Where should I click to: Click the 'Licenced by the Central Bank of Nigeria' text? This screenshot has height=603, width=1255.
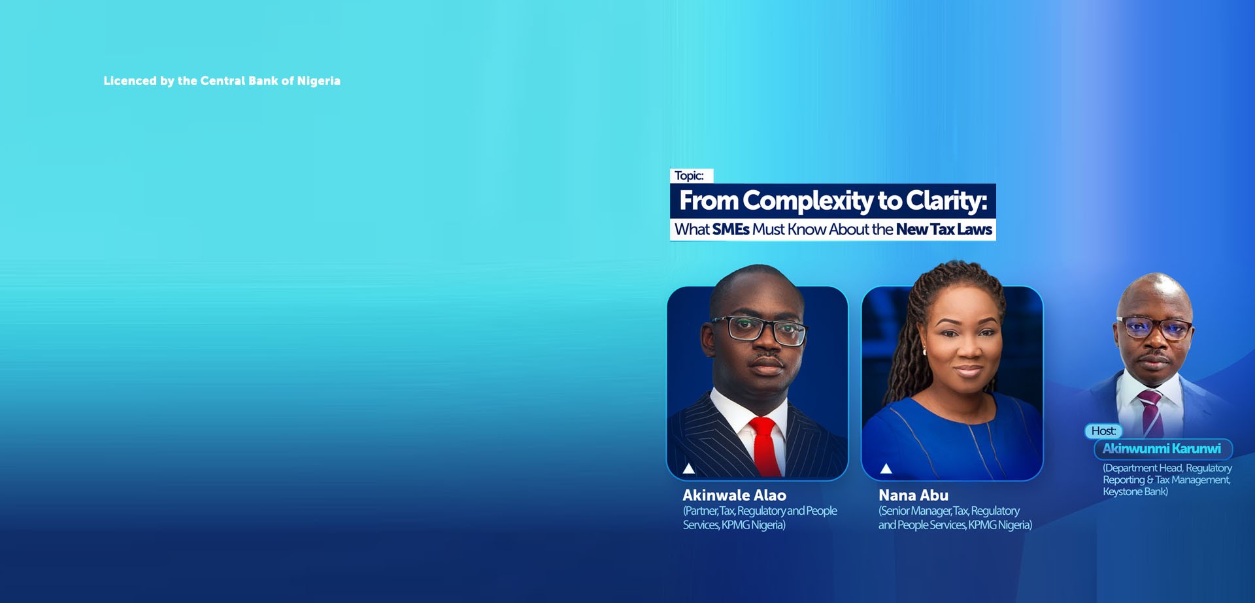(222, 81)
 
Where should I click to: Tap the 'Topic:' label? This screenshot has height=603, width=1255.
(690, 176)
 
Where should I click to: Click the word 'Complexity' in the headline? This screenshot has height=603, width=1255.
(808, 201)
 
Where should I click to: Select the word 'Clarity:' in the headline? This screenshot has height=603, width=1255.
(946, 201)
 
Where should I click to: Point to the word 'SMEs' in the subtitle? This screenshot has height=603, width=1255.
(731, 229)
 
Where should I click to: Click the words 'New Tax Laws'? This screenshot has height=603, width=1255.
(944, 229)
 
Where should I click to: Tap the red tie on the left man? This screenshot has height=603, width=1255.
(766, 447)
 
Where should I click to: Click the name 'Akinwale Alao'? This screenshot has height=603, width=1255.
(735, 495)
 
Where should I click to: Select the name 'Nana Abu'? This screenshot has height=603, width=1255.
(913, 495)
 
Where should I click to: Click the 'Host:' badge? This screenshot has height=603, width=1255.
(1104, 431)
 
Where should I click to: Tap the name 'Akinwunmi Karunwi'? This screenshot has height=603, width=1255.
(1162, 449)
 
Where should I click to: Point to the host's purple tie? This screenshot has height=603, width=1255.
(1151, 414)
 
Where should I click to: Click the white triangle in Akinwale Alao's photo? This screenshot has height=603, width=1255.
(689, 468)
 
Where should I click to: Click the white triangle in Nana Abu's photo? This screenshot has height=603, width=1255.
(886, 468)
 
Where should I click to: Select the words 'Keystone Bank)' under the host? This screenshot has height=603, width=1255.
(1135, 492)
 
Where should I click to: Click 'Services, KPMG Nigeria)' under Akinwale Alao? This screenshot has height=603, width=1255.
(734, 525)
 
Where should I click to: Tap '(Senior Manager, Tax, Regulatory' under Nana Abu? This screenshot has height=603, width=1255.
(949, 511)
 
